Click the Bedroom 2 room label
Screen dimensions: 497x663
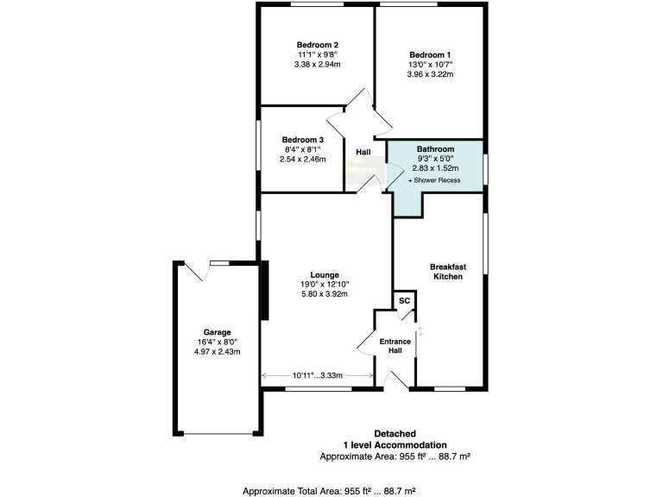tap(317, 45)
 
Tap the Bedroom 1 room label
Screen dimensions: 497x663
tap(430, 54)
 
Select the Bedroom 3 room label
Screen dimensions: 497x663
tap(303, 140)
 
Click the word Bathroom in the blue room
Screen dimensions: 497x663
tap(435, 149)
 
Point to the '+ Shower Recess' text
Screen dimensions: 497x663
tap(434, 180)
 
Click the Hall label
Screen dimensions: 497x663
tap(363, 154)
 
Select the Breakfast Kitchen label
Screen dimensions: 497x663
tap(448, 272)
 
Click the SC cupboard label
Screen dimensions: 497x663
tap(403, 300)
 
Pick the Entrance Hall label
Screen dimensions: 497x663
tap(395, 345)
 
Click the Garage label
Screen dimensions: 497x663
tap(217, 331)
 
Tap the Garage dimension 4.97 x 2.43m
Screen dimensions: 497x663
tap(217, 351)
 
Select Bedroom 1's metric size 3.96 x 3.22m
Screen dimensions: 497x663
tap(430, 75)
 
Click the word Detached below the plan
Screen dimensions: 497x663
tap(395, 433)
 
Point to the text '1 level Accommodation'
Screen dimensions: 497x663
tap(395, 444)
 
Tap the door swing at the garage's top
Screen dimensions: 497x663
tap(199, 272)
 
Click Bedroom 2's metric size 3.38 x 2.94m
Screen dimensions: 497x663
tap(317, 65)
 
